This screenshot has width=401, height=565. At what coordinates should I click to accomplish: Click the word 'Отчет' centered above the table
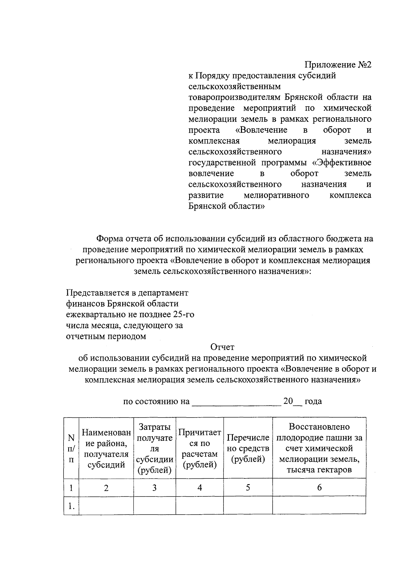point(222,347)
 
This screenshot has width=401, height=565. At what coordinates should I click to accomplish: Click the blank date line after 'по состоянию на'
point(236,402)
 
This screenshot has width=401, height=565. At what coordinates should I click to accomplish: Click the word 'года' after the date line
point(313,402)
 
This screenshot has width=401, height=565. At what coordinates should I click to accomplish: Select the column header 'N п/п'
point(71,448)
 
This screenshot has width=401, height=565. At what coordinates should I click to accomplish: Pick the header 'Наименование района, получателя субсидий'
point(106,448)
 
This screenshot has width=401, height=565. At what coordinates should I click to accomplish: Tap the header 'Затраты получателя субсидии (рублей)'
point(154,448)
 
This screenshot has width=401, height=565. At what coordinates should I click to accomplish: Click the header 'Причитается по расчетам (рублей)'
point(199,448)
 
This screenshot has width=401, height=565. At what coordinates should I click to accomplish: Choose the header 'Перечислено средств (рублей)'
point(248,448)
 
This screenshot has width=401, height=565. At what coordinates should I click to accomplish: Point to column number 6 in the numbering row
point(319,488)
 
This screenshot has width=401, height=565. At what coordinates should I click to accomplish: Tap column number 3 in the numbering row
point(154,488)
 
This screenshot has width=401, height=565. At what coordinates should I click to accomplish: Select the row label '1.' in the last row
point(71,506)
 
